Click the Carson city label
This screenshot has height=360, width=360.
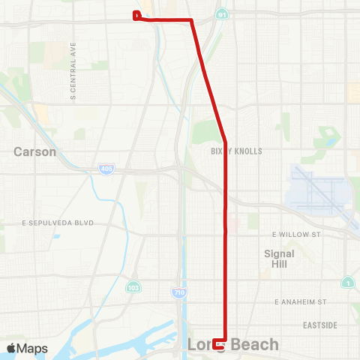[x=34, y=151]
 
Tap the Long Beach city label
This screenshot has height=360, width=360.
[x=232, y=345]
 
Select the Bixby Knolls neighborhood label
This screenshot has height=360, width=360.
[x=236, y=151]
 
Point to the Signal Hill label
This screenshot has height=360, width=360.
[x=279, y=259]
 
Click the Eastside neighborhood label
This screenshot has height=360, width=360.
[x=320, y=325]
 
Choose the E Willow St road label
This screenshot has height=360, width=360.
[x=296, y=235]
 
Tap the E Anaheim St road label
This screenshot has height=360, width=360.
[x=301, y=301]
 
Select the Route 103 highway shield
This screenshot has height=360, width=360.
[x=133, y=287]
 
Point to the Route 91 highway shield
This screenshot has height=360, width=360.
[x=220, y=14]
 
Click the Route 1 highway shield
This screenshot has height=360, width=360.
[x=347, y=283]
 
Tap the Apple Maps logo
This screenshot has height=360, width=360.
[x=27, y=348]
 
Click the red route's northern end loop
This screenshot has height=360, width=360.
[x=136, y=15]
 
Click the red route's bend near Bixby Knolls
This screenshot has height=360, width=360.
[x=225, y=139]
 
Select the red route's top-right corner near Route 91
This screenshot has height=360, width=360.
[x=192, y=21]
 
